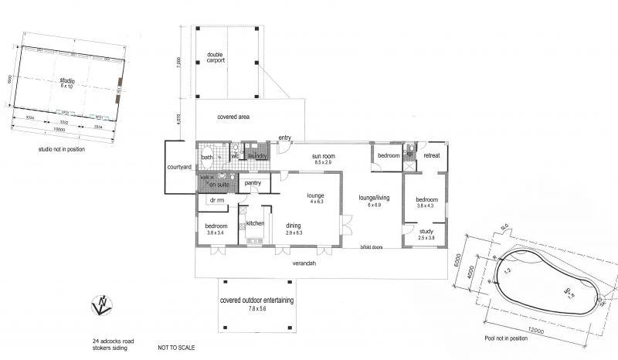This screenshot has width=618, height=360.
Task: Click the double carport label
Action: click(x=216, y=57)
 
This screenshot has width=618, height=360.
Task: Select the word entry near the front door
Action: click(x=284, y=138)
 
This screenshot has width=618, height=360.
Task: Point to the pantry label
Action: click(x=252, y=183)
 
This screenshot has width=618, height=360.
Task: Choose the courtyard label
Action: click(x=178, y=167)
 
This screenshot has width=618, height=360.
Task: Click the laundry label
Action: click(x=257, y=156)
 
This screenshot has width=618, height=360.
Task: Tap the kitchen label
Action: click(x=256, y=223)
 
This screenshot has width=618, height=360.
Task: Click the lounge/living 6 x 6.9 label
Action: click(x=375, y=201)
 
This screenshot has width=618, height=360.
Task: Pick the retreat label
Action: click(x=432, y=156)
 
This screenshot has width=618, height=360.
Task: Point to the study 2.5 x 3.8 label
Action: click(x=426, y=234)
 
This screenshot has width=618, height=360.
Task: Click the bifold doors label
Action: click(x=373, y=248)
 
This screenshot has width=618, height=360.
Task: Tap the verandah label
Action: click(x=304, y=263)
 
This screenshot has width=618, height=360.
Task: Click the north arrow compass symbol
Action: click(x=100, y=306)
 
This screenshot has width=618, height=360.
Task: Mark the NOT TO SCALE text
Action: click(x=176, y=348)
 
